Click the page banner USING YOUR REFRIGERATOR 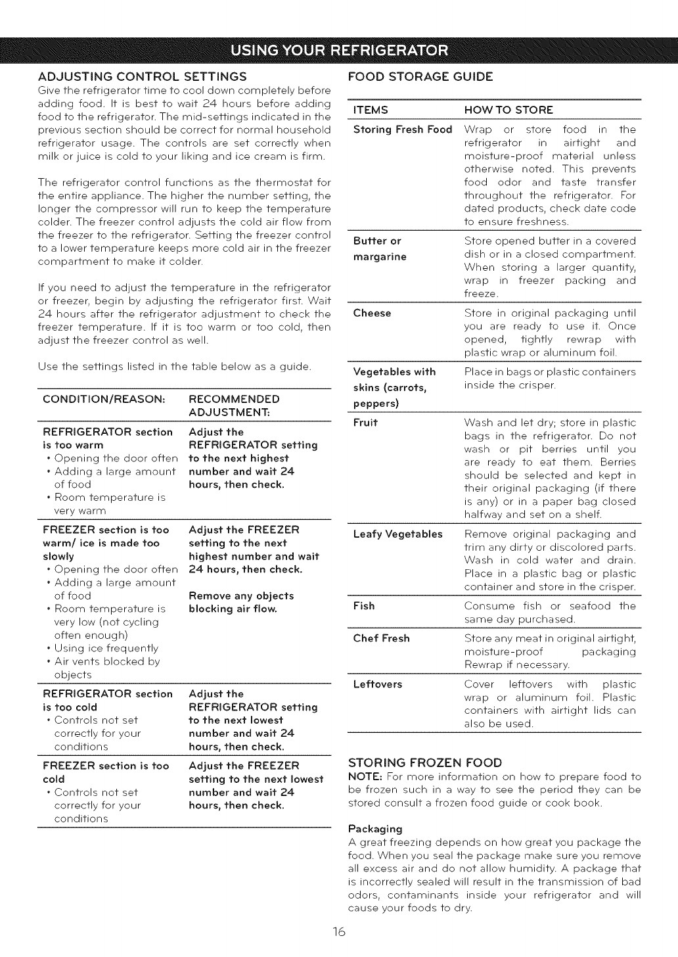339,50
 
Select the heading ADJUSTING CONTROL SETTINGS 142,76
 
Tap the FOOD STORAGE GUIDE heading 420,76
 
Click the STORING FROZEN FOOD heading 424,762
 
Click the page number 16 338,932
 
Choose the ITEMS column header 371,109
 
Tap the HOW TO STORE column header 508,109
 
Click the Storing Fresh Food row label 403,129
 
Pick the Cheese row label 372,313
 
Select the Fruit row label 365,423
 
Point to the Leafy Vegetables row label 398,534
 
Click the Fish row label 364,605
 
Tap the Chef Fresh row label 381,638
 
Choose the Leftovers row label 377,684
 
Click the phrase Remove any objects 240,595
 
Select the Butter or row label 377,241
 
